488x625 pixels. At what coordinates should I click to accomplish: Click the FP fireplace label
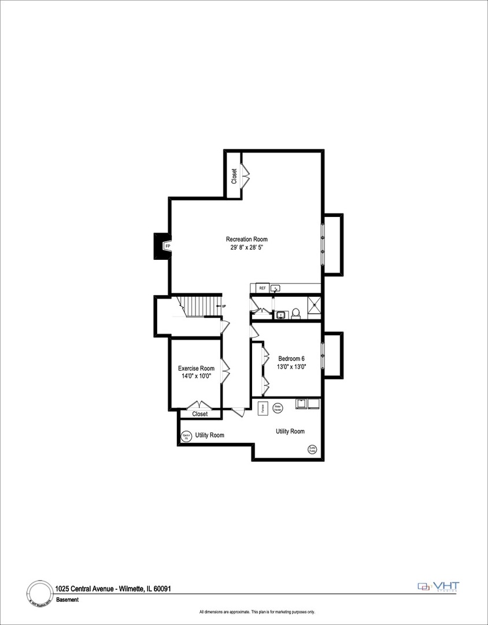tap(168, 247)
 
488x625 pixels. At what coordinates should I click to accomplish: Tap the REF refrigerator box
tap(262, 288)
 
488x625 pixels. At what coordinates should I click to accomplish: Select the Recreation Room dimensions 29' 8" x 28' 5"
tap(247, 247)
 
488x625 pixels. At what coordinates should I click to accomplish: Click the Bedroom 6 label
tap(291, 358)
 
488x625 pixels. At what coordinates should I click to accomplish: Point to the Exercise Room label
tap(196, 368)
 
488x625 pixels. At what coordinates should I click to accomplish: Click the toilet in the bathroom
tap(296, 313)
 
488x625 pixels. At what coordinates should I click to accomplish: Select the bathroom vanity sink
tap(281, 315)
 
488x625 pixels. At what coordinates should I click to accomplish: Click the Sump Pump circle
tap(312, 448)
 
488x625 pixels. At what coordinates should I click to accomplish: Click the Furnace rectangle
tap(262, 407)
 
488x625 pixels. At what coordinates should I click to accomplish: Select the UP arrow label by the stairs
tap(223, 306)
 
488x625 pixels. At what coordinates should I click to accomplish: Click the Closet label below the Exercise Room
tap(199, 414)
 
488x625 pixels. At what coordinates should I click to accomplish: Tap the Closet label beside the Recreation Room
tap(234, 176)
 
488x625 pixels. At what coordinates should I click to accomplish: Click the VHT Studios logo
tap(439, 587)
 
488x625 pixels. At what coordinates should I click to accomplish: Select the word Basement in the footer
tap(67, 600)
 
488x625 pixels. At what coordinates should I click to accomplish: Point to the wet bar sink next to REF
tap(276, 288)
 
